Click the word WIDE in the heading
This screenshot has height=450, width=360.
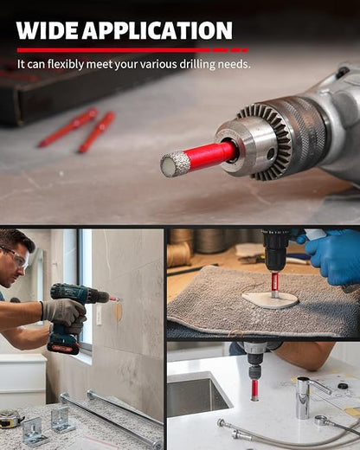point(47,30)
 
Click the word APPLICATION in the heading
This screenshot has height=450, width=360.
point(157,30)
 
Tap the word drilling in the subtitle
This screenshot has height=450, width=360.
point(197,64)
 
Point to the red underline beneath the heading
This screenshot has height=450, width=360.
point(132,50)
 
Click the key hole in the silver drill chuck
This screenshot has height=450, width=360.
point(271,153)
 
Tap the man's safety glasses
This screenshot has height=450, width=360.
point(16,257)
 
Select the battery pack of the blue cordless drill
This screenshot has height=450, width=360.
point(63,344)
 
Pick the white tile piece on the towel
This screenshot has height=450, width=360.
point(270,300)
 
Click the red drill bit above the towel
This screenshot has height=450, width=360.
point(274,285)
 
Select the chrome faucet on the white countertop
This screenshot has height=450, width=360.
point(309,395)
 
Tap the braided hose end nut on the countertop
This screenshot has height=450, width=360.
point(222,423)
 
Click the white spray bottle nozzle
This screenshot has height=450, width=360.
point(314,233)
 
